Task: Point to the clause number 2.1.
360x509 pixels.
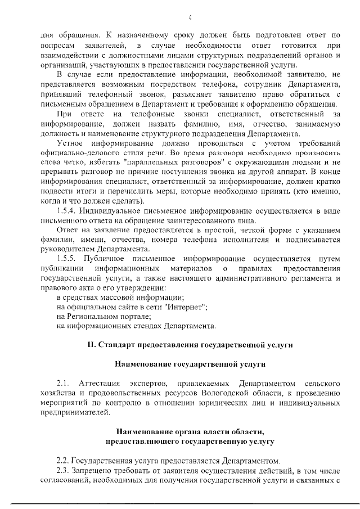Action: [x=63, y=383]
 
